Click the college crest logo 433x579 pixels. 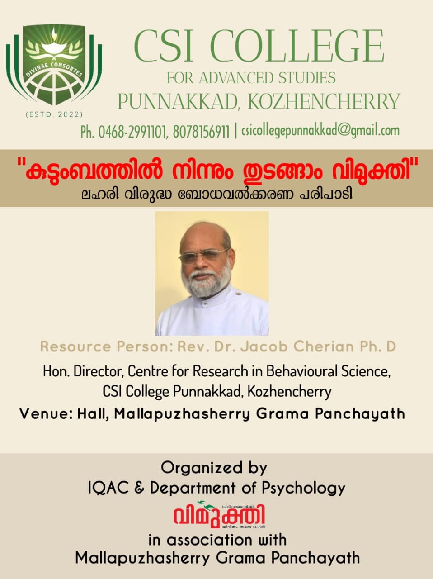click(54, 66)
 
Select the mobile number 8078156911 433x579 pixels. click(201, 132)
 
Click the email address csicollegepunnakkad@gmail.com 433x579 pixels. click(320, 131)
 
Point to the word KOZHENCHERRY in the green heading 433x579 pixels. click(324, 101)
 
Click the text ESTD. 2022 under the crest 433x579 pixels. click(54, 114)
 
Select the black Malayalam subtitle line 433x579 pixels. click(216, 195)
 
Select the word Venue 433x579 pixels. click(44, 413)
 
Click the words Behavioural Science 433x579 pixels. click(328, 371)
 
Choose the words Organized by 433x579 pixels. click(214, 467)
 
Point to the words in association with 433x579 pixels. click(217, 540)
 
